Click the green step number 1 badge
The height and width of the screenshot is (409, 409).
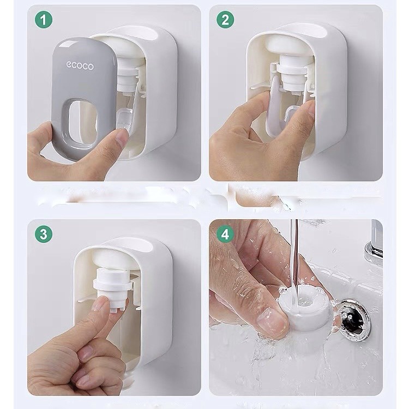tap(44, 20)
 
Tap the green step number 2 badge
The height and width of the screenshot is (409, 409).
tap(225, 20)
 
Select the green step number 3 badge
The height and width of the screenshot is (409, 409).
tap(44, 234)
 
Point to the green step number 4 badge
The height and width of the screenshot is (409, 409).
tap(225, 234)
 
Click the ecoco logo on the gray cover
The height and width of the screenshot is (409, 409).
tap(80, 65)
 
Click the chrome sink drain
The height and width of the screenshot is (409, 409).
tap(354, 320)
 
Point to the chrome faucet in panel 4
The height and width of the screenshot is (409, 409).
tap(374, 243)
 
